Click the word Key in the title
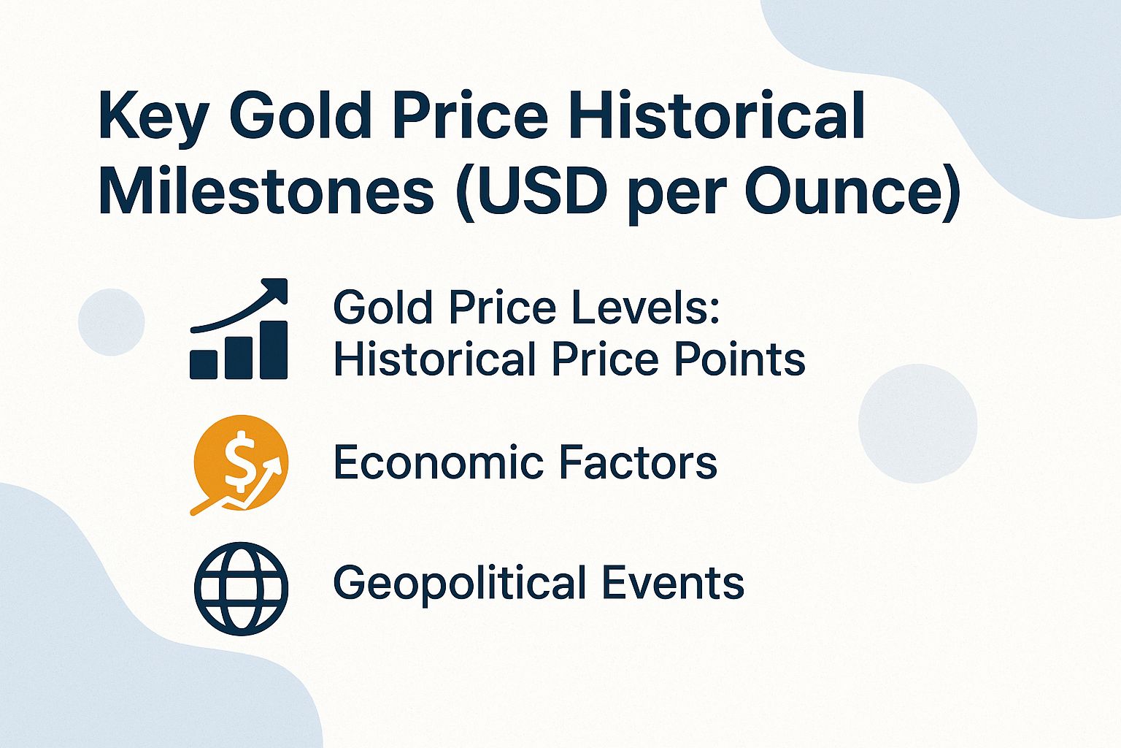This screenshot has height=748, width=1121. coord(153,117)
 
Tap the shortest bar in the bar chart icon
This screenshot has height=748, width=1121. coord(204,363)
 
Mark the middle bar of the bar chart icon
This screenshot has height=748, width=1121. coord(239,357)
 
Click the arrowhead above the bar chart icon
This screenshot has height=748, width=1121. coord(276,289)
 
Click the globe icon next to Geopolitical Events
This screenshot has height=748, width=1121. coord(241,588)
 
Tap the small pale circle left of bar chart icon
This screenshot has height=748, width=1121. coord(112,322)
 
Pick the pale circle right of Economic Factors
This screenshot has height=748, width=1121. coord(917,423)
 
